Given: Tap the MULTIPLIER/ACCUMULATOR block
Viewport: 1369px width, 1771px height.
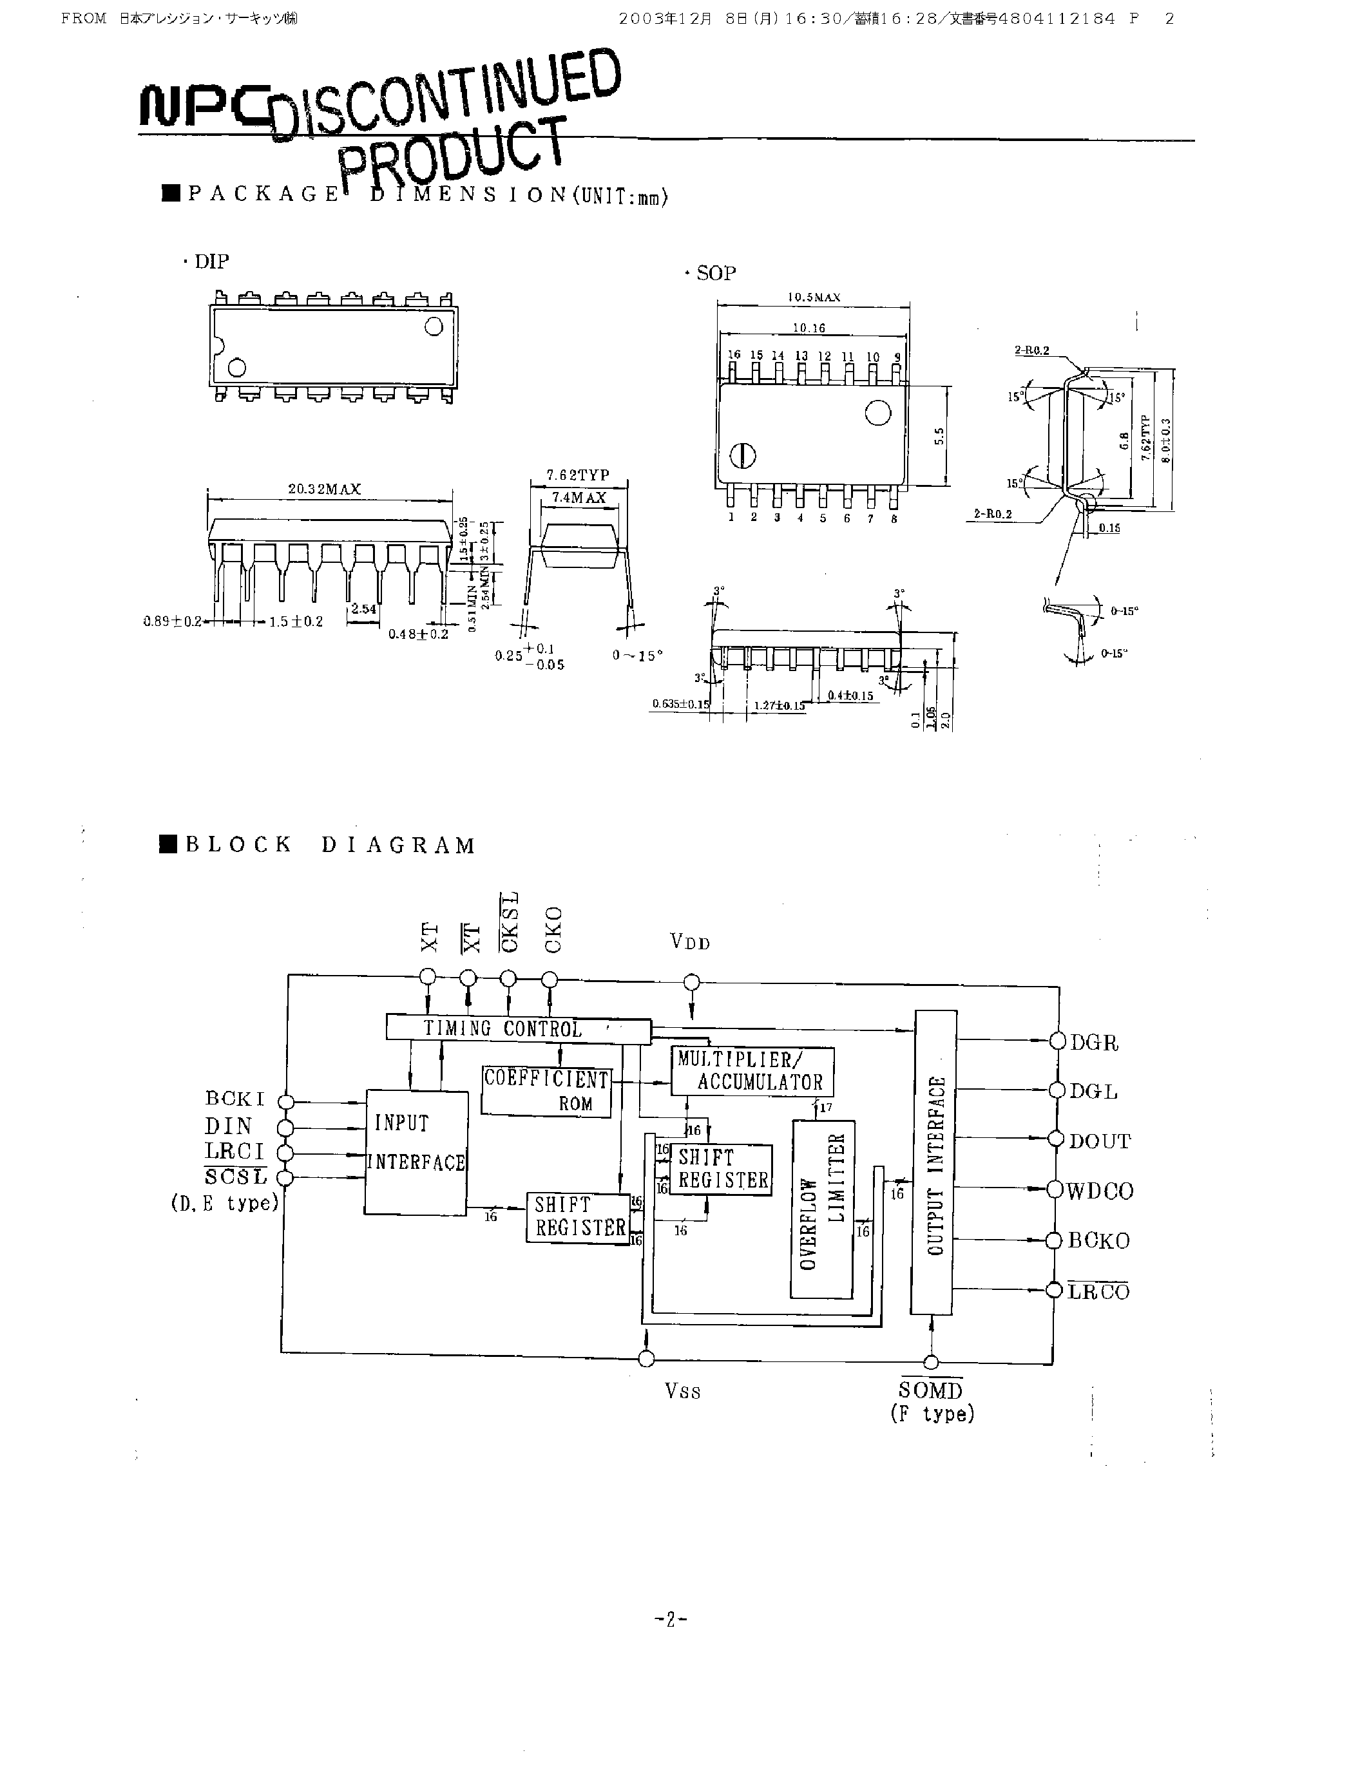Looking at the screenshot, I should point(752,1071).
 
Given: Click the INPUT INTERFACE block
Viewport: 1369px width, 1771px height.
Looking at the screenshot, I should point(416,1151).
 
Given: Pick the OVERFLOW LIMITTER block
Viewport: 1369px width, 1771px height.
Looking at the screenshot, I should point(823,1208).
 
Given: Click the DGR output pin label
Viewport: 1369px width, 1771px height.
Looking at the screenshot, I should point(1094,1043).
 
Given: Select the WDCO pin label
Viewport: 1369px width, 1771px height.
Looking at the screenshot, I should point(1100,1191).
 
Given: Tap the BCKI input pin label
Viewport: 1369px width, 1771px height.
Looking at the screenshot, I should point(235,1099).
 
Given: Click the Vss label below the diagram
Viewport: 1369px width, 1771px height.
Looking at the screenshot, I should point(683,1392).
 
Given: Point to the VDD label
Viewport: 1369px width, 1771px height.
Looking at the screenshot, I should point(690,942).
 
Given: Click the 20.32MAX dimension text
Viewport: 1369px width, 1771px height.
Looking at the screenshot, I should point(325,489).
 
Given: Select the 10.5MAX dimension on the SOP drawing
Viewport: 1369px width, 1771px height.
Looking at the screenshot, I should point(814,298).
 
